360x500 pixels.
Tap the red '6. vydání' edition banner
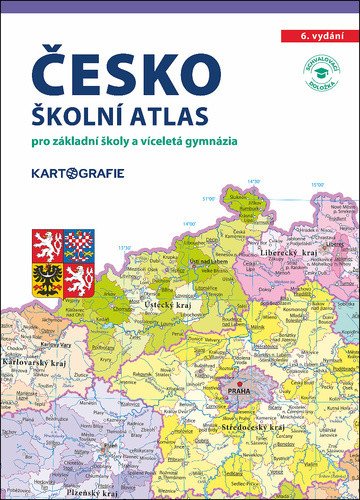(x=319, y=35)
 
